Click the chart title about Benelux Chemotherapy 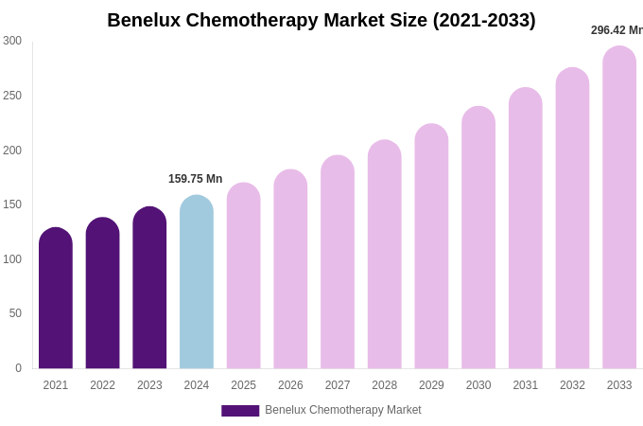tap(321, 20)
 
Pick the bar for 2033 tap(619, 208)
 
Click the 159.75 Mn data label tap(195, 179)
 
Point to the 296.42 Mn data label tap(616, 30)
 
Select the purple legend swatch tap(240, 411)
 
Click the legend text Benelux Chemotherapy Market tap(342, 410)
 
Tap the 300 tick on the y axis tap(12, 41)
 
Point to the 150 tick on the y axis tap(12, 204)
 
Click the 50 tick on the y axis tap(15, 313)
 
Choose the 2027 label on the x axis tap(338, 385)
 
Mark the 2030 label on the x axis tap(478, 385)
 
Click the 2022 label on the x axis tap(102, 385)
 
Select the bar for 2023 tap(149, 288)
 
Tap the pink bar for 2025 tap(243, 275)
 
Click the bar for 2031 tap(526, 228)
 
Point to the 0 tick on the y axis tap(18, 368)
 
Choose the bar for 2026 tap(290, 269)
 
